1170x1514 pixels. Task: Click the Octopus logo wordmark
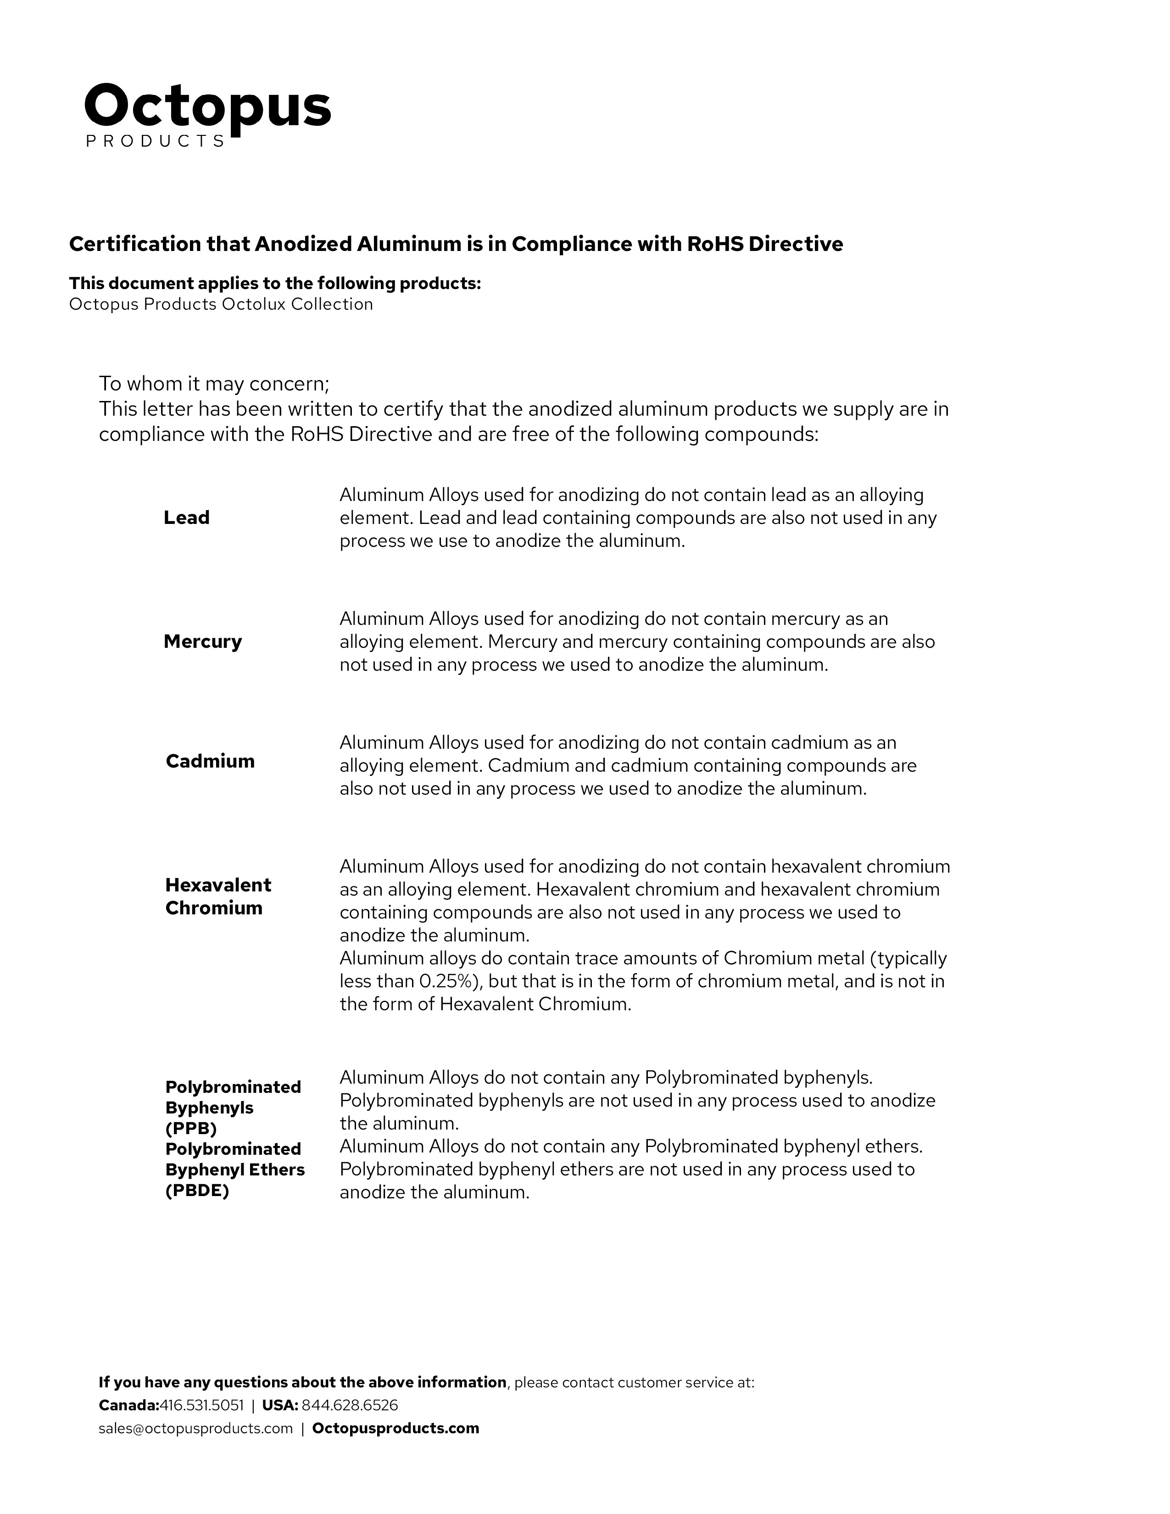(x=207, y=107)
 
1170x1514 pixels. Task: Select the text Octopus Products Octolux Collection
(x=220, y=304)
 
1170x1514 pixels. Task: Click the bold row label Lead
(x=186, y=518)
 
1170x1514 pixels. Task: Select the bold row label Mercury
(x=202, y=641)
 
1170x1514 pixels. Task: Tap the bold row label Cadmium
(x=210, y=761)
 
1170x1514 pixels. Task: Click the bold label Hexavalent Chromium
(x=217, y=896)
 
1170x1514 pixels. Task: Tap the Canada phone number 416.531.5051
(x=202, y=1405)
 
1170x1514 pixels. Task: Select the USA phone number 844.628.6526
(x=350, y=1405)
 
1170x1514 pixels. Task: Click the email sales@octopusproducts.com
(x=195, y=1428)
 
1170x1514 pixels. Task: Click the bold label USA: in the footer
(x=280, y=1405)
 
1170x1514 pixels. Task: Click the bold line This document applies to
(x=274, y=284)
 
